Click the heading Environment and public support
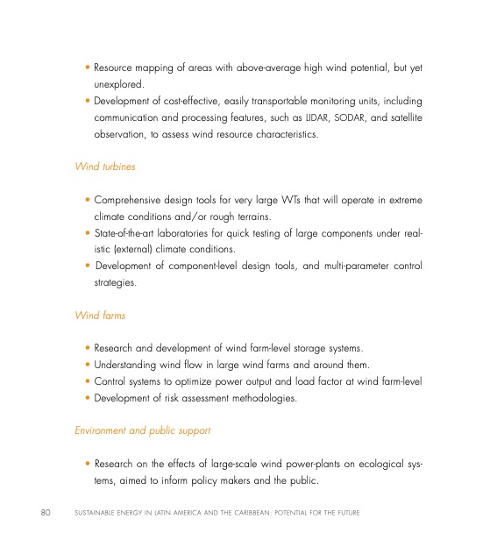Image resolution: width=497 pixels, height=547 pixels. click(x=142, y=430)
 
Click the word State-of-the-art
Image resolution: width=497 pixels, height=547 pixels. click(x=127, y=233)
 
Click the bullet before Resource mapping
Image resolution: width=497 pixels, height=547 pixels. click(x=88, y=67)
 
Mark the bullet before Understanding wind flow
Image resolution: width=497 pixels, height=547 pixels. click(x=88, y=366)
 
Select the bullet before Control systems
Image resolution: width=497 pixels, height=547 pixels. click(x=88, y=382)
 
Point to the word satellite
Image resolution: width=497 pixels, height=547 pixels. click(x=404, y=117)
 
